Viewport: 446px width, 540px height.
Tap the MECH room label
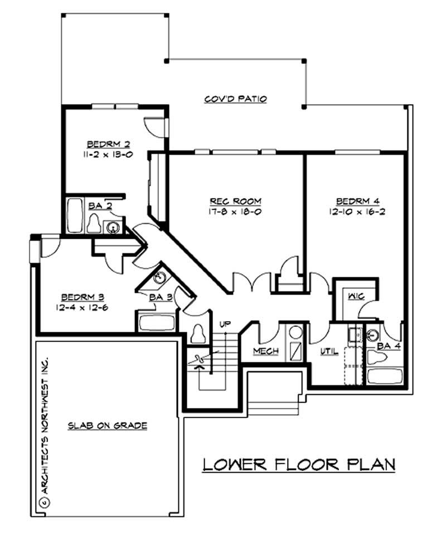tap(266, 351)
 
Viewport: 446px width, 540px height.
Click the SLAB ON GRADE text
tap(108, 426)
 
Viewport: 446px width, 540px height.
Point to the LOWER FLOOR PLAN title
tap(298, 464)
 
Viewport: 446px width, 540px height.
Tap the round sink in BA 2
tap(114, 227)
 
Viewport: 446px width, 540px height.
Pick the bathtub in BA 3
tap(156, 322)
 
